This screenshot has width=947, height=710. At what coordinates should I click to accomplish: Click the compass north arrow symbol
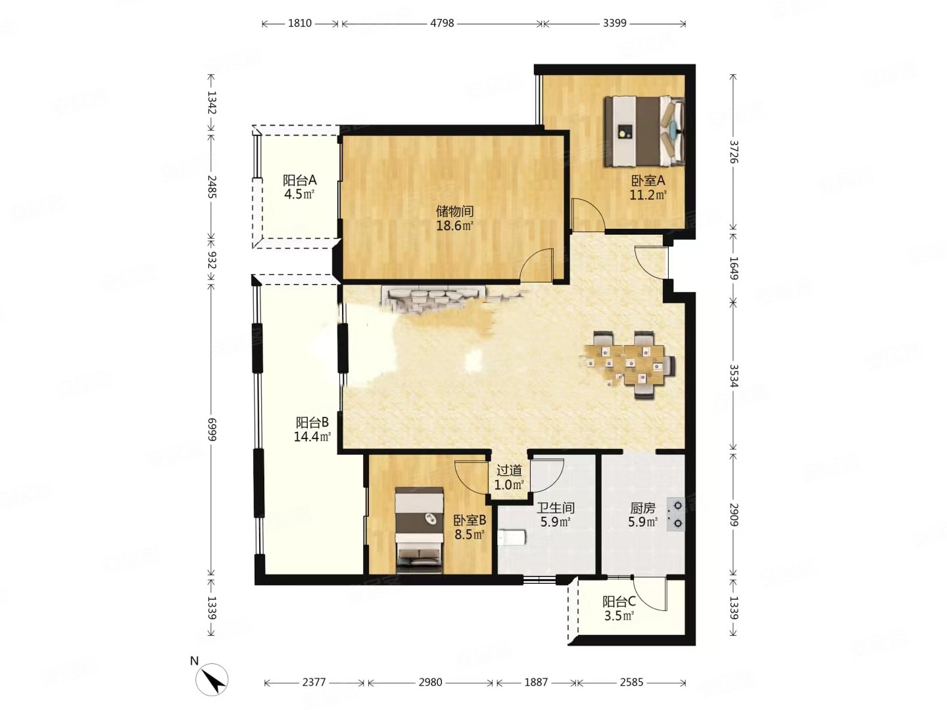coord(211,679)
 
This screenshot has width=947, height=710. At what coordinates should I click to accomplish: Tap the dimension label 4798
coord(442,23)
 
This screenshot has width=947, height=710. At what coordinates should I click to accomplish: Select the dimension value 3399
coord(614,23)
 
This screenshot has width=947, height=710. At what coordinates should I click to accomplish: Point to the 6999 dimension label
coord(211,429)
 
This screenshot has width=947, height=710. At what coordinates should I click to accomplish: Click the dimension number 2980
coord(430,682)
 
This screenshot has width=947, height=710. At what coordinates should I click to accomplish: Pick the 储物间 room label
coord(454,211)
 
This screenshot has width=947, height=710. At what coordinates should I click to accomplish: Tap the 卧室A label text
coord(648,181)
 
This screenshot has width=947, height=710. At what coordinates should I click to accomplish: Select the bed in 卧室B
coord(419,530)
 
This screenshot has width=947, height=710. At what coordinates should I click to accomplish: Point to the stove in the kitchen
coord(675,514)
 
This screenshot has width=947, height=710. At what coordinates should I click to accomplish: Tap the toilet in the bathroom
coord(511,538)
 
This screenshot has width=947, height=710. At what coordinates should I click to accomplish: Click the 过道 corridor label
coord(509,470)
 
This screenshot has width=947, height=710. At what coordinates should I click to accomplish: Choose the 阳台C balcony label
coord(619,602)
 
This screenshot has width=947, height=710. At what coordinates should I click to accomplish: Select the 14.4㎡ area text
coord(312,437)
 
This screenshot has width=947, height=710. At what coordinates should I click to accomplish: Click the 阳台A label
coord(299,179)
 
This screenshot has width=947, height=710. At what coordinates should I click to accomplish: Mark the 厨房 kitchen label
coord(643,508)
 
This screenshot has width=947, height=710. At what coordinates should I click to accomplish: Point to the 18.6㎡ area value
coord(454,225)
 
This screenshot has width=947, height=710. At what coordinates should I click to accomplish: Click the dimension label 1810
coord(299,23)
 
